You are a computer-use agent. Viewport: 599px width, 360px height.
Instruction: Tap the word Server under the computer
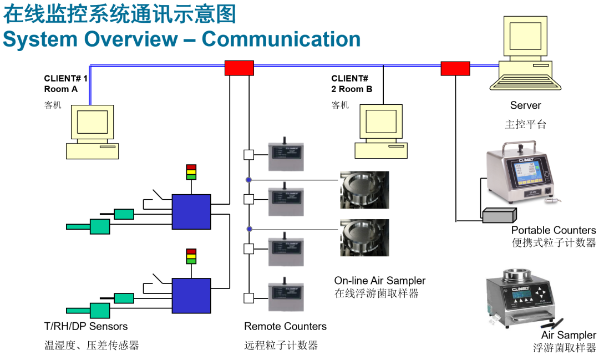coord(525,105)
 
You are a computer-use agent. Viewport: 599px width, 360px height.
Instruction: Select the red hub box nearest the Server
coord(455,68)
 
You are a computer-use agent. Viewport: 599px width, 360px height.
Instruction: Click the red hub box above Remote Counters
coord(239,68)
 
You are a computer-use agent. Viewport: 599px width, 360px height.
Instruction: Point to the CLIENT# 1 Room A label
coord(65,84)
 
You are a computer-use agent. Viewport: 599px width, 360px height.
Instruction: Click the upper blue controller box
coord(191,211)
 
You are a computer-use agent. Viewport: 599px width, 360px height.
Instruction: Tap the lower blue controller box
coord(191,295)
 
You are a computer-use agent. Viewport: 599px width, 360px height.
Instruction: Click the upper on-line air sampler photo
coord(364,190)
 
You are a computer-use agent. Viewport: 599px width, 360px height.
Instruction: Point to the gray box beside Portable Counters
coord(499,215)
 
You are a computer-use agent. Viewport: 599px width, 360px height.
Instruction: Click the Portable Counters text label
coord(553,230)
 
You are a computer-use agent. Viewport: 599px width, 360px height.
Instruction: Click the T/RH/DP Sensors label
coord(86,326)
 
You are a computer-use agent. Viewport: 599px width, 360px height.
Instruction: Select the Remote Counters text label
coord(285,326)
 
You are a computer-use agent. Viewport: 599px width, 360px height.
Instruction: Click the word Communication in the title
coord(281,39)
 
